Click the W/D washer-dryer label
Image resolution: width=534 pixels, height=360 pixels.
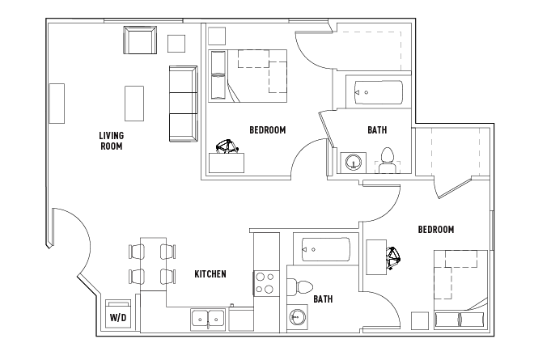[118, 318]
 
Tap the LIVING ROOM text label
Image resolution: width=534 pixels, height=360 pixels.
[112, 141]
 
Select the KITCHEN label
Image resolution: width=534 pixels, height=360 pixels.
[210, 273]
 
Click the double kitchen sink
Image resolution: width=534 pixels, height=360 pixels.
[208, 319]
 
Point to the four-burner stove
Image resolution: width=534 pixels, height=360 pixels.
[266, 284]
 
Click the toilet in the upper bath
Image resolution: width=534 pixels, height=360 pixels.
[388, 161]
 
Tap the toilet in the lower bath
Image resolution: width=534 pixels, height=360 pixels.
[299, 286]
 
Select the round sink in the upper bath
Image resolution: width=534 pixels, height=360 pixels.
[354, 162]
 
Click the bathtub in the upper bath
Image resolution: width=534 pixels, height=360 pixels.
[379, 92]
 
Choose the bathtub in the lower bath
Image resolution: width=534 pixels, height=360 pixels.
[326, 250]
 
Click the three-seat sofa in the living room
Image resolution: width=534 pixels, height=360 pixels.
[183, 104]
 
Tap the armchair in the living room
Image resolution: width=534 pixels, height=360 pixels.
[140, 40]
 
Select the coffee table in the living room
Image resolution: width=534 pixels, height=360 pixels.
[134, 104]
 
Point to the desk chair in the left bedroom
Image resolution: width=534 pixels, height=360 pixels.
[227, 146]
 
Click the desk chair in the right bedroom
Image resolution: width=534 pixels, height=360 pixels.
[393, 259]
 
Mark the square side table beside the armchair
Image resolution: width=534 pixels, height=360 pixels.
[176, 44]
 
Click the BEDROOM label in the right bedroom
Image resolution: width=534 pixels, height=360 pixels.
[436, 230]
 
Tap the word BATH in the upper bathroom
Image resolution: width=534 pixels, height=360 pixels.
[377, 129]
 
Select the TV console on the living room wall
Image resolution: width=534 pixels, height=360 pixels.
[57, 104]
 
